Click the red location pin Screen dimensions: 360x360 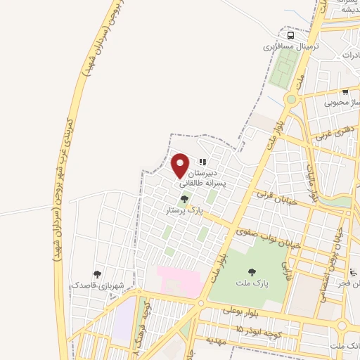[x=181, y=166]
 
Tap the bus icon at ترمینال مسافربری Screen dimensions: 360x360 [x=290, y=35]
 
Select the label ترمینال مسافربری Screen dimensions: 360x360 [x=291, y=46]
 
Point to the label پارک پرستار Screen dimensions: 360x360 [x=184, y=210]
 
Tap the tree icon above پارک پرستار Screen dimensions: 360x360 [x=184, y=200]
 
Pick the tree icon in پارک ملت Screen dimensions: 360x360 [x=252, y=271]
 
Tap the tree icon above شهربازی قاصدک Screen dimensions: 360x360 [x=97, y=274]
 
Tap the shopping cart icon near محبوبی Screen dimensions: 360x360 [x=345, y=91]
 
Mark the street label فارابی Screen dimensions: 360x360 [x=286, y=267]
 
